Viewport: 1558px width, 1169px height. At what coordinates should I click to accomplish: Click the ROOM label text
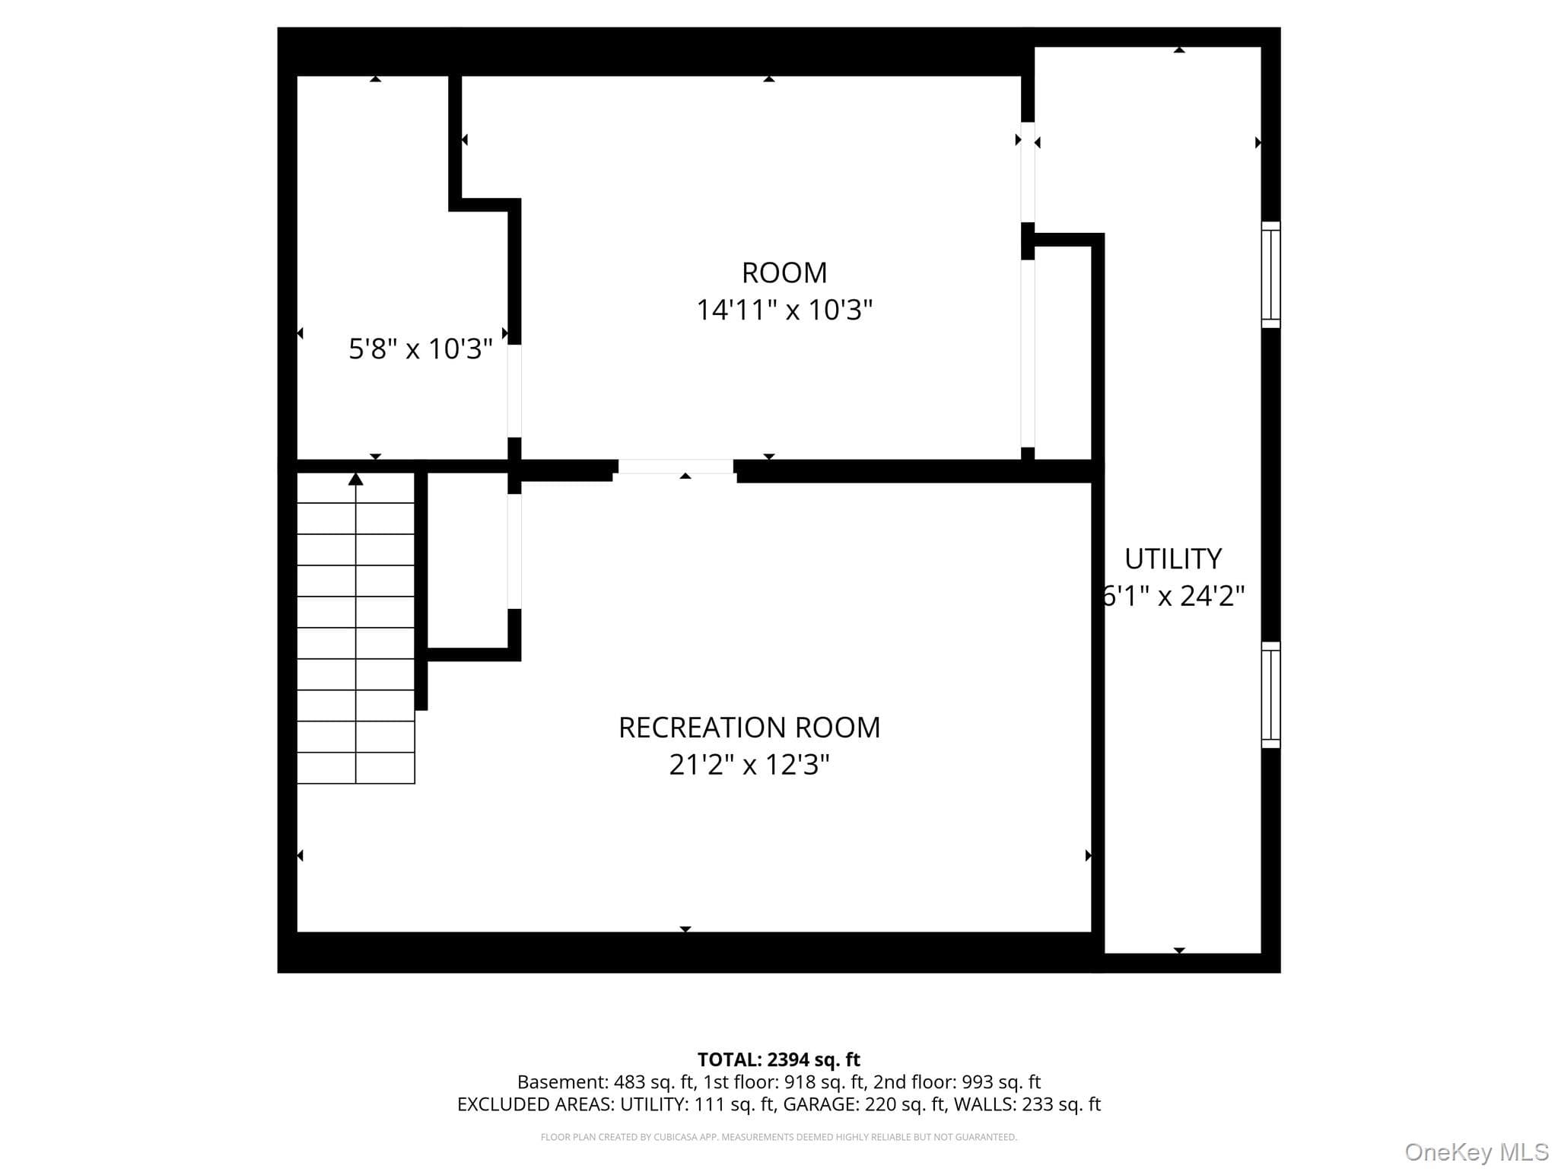coord(784,272)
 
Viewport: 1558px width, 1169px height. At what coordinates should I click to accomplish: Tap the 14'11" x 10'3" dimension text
coord(784,310)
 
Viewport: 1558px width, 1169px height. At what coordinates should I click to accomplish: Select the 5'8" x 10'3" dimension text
coord(421,349)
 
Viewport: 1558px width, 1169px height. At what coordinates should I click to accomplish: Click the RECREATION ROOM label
coord(749,728)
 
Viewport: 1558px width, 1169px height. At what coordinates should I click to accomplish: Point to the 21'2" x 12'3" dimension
coord(749,764)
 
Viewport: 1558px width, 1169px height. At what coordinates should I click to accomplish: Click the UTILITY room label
coord(1173,559)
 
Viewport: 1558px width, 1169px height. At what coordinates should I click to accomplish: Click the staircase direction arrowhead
coord(355,479)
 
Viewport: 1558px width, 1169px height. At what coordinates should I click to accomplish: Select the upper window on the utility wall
coord(1271,275)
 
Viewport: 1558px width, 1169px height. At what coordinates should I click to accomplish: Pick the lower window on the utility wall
coord(1271,695)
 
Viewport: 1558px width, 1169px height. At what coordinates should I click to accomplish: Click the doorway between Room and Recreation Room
coord(676,467)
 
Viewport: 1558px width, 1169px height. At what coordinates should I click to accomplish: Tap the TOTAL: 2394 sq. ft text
coord(779,1059)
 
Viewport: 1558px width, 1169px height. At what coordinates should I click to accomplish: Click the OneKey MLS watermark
coord(1477,1152)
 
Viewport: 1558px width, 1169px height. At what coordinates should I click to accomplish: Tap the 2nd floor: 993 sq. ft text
coord(957,1082)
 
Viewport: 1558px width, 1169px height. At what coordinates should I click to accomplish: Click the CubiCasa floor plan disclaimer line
coord(779,1137)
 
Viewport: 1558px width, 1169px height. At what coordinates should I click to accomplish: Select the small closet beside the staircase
coord(467,560)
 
